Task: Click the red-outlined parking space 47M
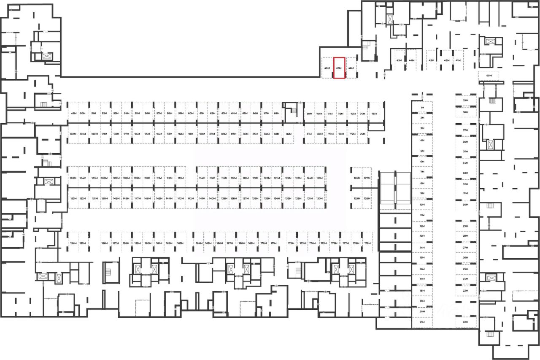click(339, 68)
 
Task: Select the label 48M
click(327, 68)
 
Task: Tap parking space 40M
click(489, 76)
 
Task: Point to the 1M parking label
click(422, 108)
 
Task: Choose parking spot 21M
click(422, 322)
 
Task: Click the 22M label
click(466, 322)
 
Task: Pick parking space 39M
click(466, 101)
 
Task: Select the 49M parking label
click(73, 114)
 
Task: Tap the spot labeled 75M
click(374, 114)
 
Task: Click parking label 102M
click(73, 134)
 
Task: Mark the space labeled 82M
click(289, 134)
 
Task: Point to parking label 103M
click(73, 179)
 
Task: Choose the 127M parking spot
click(367, 179)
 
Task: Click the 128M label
click(367, 198)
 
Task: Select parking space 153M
click(73, 198)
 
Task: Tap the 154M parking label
click(73, 244)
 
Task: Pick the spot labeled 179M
click(367, 244)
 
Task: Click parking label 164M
click(198, 244)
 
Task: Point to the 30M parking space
click(466, 205)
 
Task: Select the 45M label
click(399, 61)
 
